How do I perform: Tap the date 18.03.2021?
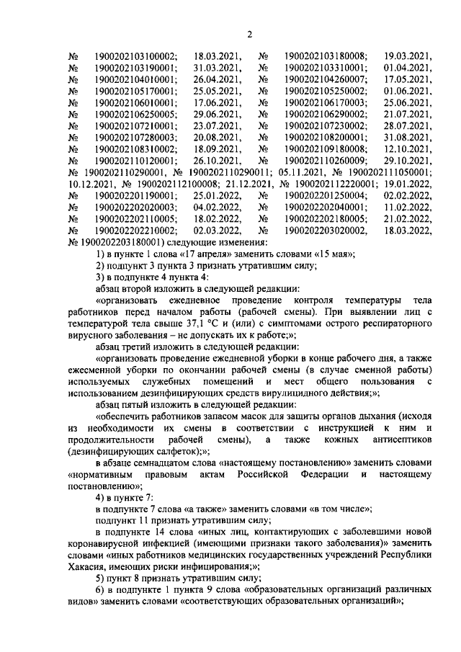click(218, 56)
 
